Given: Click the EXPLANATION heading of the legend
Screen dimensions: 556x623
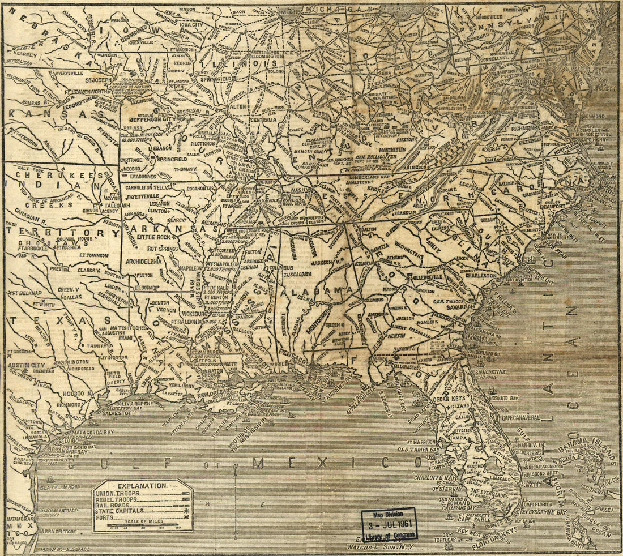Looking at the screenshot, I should click(142, 486).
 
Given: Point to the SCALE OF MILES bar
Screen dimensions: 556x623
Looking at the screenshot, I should click(142, 526).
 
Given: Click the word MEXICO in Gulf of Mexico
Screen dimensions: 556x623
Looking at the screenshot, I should click(328, 463).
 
